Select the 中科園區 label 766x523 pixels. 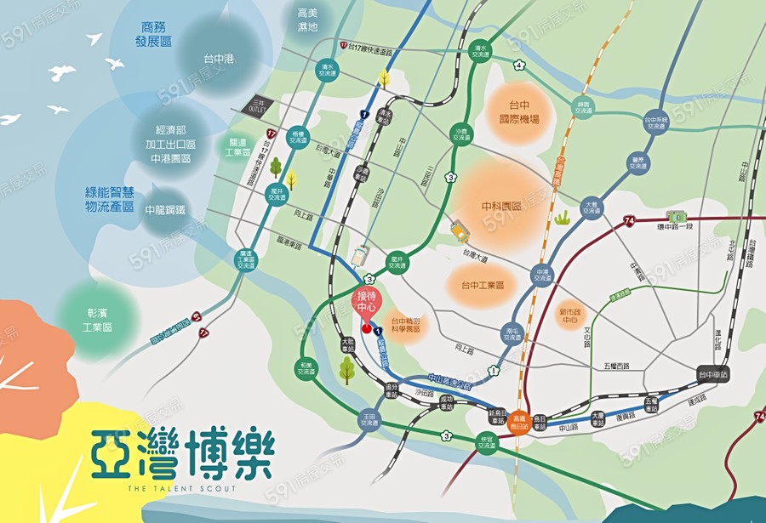pyautogui.click(x=500, y=206)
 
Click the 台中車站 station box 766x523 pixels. pyautogui.click(x=712, y=374)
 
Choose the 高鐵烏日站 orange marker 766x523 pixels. pyautogui.click(x=521, y=422)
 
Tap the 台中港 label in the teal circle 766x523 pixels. pyautogui.click(x=219, y=59)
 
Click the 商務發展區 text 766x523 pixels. pyautogui.click(x=154, y=34)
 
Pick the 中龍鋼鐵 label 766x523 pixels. pyautogui.click(x=165, y=209)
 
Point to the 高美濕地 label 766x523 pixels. pyautogui.click(x=307, y=20)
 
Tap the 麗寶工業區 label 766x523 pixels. pyautogui.click(x=237, y=147)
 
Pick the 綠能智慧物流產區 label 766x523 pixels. pyautogui.click(x=110, y=200)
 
